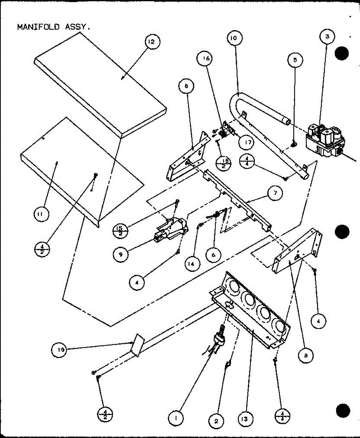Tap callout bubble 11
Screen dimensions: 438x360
(x=41, y=215)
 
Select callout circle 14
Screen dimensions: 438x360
(x=192, y=264)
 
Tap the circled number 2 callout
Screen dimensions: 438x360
(x=216, y=421)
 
